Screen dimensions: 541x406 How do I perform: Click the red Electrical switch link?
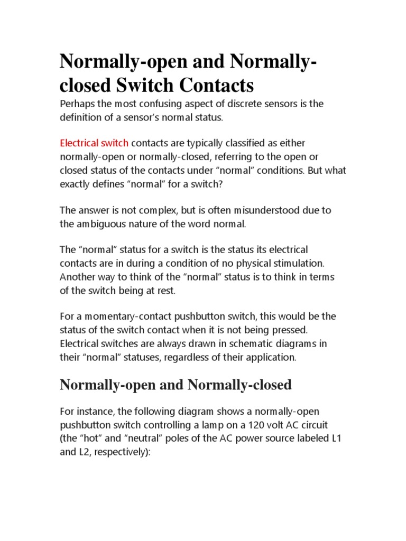94,143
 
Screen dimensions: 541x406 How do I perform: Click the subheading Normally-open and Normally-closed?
176,385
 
